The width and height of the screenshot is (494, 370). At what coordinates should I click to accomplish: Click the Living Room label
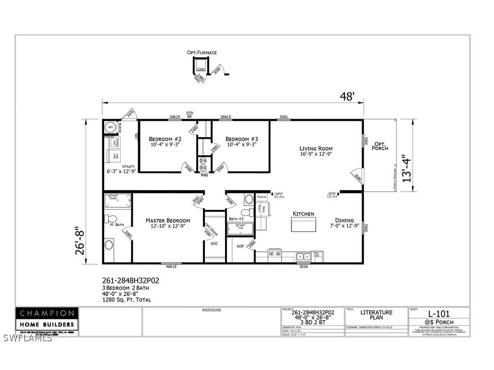(316, 148)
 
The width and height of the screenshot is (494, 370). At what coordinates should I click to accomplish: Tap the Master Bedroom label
(168, 220)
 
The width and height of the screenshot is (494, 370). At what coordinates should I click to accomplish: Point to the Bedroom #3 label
(242, 139)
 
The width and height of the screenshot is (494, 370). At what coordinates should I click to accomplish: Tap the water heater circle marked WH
(110, 128)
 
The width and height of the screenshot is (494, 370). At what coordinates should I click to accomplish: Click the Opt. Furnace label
(202, 52)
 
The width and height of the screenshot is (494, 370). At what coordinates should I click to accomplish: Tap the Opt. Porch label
(380, 145)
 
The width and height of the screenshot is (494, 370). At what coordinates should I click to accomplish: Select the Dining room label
(344, 220)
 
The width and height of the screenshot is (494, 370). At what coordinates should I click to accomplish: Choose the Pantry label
(262, 197)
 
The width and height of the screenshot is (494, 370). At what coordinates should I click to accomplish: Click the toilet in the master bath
(108, 219)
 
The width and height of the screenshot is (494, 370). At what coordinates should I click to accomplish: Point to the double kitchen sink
(303, 256)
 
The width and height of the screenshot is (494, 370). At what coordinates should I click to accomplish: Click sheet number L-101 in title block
(439, 314)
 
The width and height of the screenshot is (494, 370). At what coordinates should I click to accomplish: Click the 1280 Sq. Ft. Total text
(127, 299)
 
